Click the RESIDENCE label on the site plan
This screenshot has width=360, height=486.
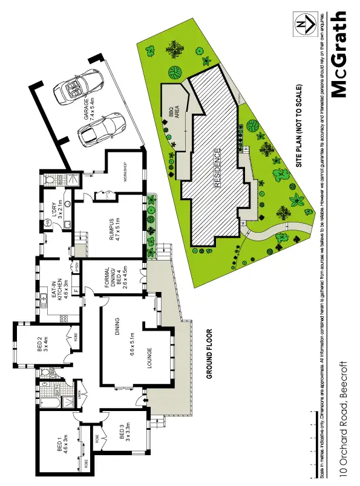click(x=218, y=169)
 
